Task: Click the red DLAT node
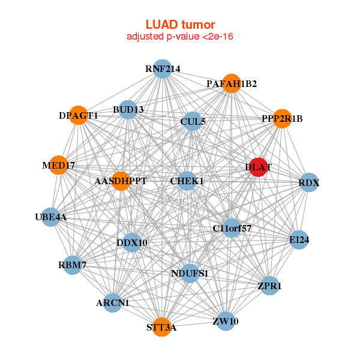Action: (x=257, y=167)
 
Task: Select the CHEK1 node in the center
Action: (x=187, y=181)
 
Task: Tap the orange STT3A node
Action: (x=161, y=326)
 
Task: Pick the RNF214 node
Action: (x=162, y=69)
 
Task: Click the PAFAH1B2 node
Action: (x=232, y=83)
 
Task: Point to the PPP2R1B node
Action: (x=282, y=118)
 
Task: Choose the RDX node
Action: (x=309, y=182)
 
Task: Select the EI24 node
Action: (x=299, y=239)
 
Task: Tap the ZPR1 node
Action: (x=269, y=286)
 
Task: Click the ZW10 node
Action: (x=226, y=321)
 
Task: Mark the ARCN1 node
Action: (x=113, y=302)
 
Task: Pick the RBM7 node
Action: (x=73, y=265)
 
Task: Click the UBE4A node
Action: (x=51, y=217)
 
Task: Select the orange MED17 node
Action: (x=58, y=164)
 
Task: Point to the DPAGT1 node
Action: (x=79, y=115)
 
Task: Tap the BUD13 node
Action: (x=128, y=109)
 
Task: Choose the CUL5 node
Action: (x=193, y=121)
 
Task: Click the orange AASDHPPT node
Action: (x=121, y=181)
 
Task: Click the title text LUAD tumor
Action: (x=180, y=25)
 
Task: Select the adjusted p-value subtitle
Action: (x=180, y=37)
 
